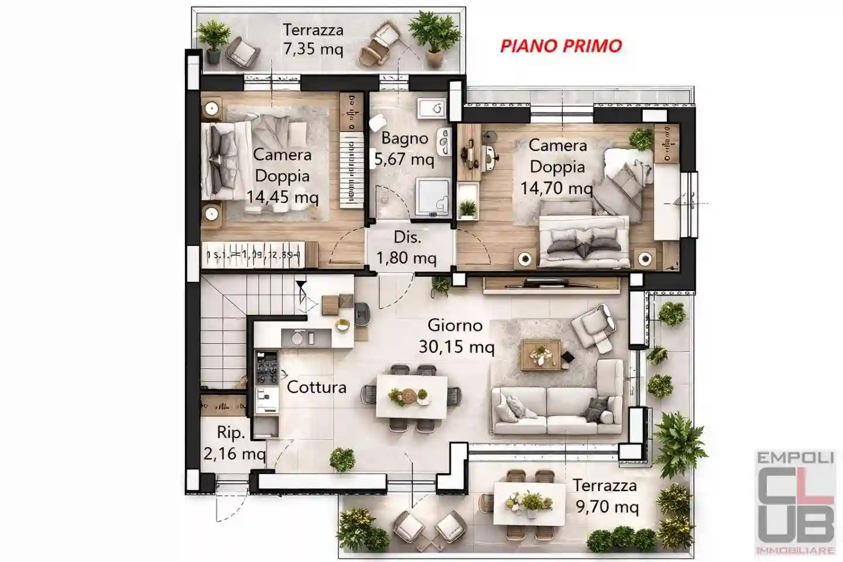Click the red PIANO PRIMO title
click(x=561, y=46)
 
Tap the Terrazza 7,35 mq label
click(x=313, y=39)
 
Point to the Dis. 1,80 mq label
click(x=407, y=248)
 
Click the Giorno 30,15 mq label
click(x=456, y=336)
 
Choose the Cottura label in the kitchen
click(x=316, y=387)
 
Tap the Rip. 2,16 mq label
click(x=232, y=443)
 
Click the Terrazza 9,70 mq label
click(x=606, y=495)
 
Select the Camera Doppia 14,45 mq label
click(x=282, y=176)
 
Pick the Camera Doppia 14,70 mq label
click(x=557, y=166)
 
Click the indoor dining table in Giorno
click(x=412, y=397)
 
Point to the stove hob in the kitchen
click(x=267, y=368)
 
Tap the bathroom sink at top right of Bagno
click(x=432, y=108)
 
